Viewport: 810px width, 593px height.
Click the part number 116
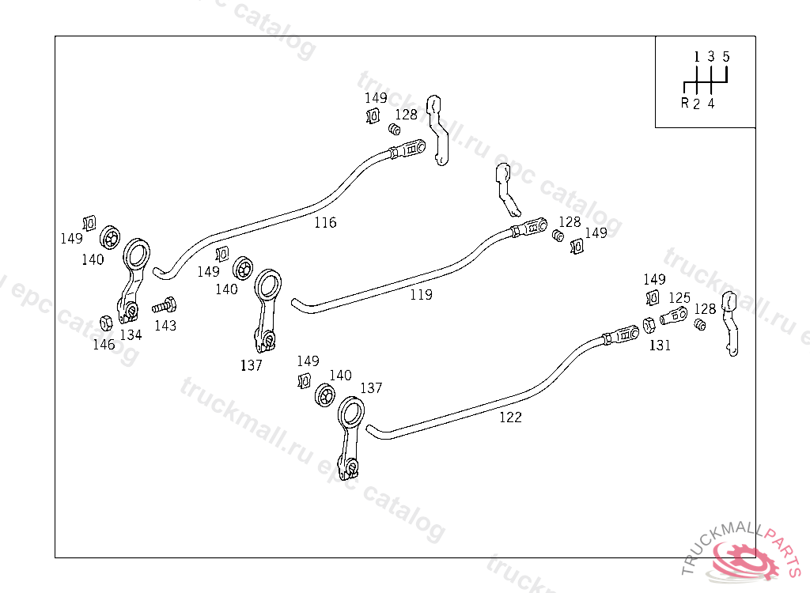325,223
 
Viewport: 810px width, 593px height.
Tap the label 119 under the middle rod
421,295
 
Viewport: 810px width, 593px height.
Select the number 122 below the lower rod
510,417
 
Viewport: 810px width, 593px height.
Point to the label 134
131,335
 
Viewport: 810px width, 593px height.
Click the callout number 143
165,326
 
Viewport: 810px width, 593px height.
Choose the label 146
104,345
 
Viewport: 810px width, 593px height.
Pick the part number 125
679,298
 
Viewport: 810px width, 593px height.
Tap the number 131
660,346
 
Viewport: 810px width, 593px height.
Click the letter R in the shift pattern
684,104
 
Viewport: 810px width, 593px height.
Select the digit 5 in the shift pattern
726,57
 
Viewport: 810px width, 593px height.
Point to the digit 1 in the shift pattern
697,57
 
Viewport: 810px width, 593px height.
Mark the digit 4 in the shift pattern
711,104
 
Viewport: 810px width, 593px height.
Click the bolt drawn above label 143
165,304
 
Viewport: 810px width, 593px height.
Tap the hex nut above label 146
104,322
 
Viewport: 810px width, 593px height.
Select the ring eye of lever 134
136,255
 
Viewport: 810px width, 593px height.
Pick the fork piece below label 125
672,317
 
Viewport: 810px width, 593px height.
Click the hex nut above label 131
647,323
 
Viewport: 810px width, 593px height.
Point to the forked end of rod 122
625,334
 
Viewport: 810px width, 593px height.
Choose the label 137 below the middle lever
252,365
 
